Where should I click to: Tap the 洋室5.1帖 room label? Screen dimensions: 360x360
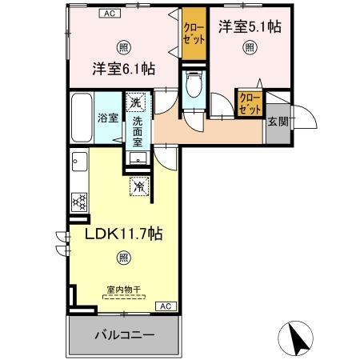point(250,26)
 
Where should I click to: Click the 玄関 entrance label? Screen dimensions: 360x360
point(278,122)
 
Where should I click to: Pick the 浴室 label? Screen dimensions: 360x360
point(107,118)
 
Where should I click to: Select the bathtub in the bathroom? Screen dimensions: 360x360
point(81,118)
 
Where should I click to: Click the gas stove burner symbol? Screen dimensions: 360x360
point(79,202)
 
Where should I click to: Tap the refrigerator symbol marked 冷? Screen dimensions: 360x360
point(138,187)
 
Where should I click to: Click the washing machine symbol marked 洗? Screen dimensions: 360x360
point(136,102)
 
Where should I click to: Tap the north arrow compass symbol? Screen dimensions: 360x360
point(298,337)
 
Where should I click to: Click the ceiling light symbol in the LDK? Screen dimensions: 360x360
point(122,258)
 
